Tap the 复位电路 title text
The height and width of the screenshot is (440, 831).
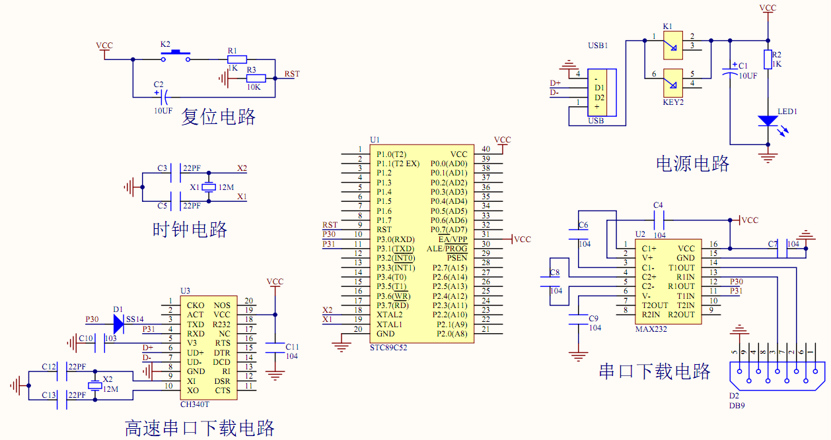tap(218, 117)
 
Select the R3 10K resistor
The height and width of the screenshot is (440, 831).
tap(255, 78)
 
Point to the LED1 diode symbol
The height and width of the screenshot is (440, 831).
tap(768, 121)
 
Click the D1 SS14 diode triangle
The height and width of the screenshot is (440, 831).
tap(118, 323)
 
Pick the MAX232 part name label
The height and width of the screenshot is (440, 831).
tap(651, 329)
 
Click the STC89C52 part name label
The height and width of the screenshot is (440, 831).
tap(388, 347)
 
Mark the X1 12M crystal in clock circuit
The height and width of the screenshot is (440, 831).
tap(209, 187)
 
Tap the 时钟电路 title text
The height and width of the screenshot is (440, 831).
tap(190, 230)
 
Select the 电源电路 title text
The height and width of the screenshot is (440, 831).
tap(692, 163)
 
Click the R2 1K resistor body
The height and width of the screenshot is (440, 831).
tap(768, 60)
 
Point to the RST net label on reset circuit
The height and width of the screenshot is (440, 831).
tap(291, 74)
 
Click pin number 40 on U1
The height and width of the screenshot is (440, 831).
tap(486, 149)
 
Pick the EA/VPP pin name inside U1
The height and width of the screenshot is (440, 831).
tap(452, 239)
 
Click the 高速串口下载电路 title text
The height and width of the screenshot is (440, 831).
tap(199, 428)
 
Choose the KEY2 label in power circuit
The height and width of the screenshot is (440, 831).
tap(673, 103)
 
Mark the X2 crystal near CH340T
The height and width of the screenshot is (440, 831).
tap(94, 386)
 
